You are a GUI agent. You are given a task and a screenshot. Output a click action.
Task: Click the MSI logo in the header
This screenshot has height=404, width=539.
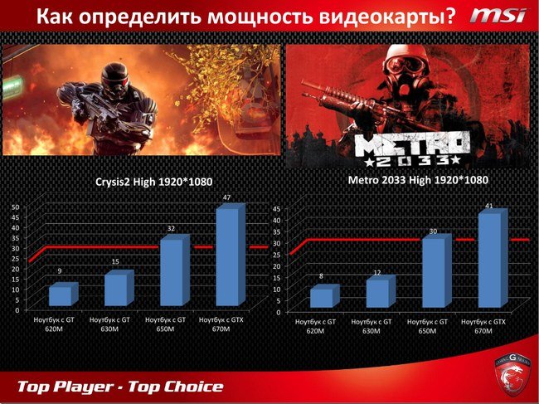pyautogui.click(x=498, y=16)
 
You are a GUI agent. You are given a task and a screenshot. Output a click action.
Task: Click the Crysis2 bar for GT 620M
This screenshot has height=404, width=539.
pyautogui.click(x=64, y=294)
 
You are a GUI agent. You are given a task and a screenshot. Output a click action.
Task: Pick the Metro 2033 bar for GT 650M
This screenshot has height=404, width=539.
pyautogui.click(x=436, y=270)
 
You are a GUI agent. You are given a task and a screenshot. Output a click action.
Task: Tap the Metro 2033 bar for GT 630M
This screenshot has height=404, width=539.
pyautogui.click(x=381, y=291)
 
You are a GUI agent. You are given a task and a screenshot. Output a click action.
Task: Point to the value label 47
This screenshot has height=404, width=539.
pyautogui.click(x=226, y=197)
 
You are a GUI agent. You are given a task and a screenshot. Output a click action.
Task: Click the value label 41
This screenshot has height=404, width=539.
pyautogui.click(x=488, y=206)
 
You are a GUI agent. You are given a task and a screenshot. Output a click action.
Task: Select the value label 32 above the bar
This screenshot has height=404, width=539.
pyautogui.click(x=171, y=229)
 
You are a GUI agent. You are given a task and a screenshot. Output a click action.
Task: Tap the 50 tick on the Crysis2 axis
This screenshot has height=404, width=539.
pyautogui.click(x=17, y=207)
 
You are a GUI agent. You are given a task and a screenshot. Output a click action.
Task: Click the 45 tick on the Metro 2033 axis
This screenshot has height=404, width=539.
pyautogui.click(x=276, y=209)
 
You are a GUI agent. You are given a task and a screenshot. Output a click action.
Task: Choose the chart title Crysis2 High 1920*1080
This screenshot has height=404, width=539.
pyautogui.click(x=153, y=182)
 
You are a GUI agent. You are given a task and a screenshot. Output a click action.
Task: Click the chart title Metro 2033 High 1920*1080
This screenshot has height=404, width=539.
pyautogui.click(x=418, y=180)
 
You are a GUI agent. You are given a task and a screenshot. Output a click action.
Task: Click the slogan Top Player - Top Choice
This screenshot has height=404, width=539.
pyautogui.click(x=120, y=387)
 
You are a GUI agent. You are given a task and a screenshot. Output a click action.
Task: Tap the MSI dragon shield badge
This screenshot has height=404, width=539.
pyautogui.click(x=513, y=374)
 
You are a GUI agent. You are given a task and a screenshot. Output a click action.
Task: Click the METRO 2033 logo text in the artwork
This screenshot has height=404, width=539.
pyautogui.click(x=412, y=150)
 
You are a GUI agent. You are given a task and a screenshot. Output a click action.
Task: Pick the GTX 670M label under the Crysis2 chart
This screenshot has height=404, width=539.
pyautogui.click(x=221, y=324)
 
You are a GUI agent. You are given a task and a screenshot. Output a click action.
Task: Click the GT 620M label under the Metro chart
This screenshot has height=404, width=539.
pyautogui.click(x=315, y=326)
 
